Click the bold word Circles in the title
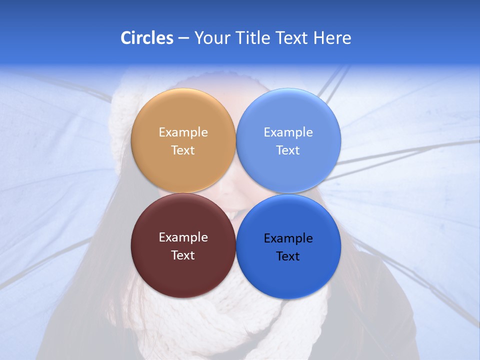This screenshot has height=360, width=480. pos(147,38)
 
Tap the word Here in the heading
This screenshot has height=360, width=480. pos(332,38)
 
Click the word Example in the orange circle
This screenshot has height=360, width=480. pos(183,132)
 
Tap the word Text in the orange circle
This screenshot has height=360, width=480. pos(183,150)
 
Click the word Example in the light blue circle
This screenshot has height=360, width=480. pos(288,132)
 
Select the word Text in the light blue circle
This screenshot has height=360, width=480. pos(288,150)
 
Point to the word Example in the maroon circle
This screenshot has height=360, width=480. pos(183,237)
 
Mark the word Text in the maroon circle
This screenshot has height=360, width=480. pos(183,255)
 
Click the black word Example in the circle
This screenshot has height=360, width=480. pos(288,238)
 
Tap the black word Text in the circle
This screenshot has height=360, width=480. pos(288,256)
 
